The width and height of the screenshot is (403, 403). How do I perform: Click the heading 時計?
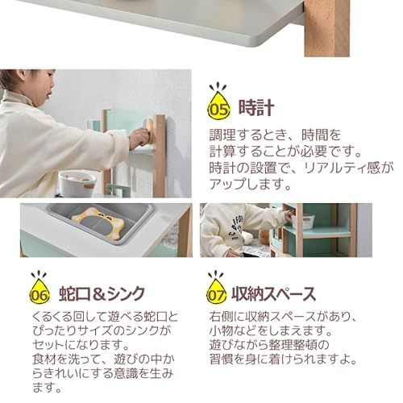256,108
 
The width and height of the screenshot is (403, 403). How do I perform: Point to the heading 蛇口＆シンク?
102,293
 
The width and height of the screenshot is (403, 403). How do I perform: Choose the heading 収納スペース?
273,293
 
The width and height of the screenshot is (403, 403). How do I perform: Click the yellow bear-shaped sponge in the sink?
98,222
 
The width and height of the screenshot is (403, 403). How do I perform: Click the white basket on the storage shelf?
304,222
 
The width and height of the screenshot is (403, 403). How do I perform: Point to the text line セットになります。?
81,345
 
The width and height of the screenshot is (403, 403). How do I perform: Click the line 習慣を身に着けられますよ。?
283,359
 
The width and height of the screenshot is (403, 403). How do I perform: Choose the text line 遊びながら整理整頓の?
269,345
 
